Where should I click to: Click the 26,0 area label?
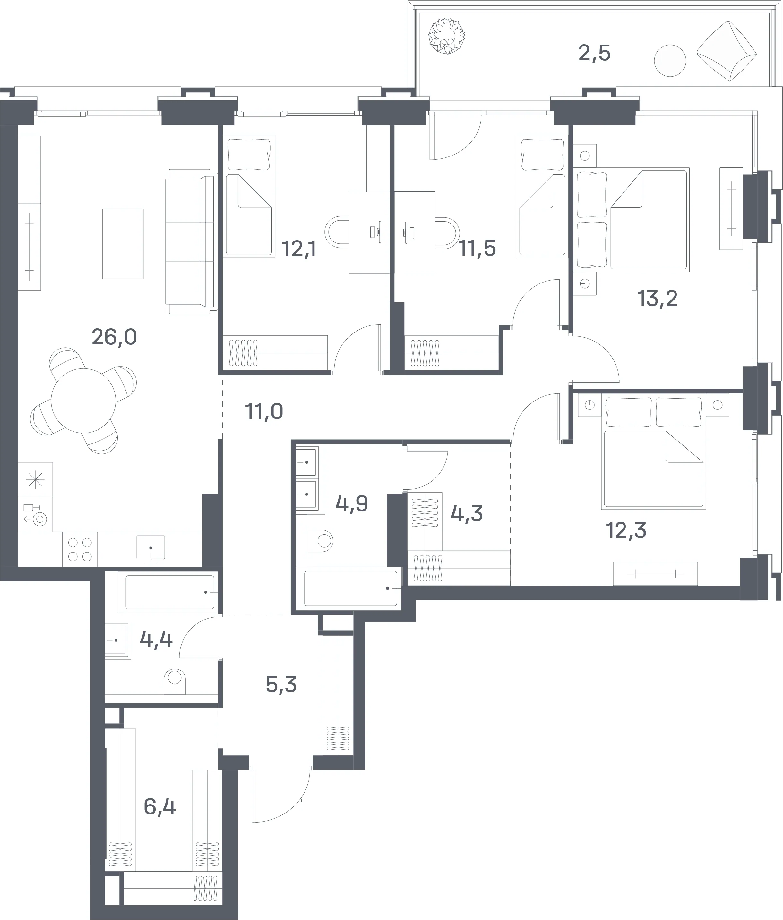[114, 337]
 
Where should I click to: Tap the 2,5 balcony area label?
[594, 53]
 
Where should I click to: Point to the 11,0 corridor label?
[264, 412]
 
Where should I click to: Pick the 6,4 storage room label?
[160, 806]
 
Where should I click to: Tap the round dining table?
[83, 401]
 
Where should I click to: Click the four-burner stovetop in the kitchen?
[80, 549]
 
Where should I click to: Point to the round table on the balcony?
[670, 61]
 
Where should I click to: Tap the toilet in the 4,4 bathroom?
[175, 682]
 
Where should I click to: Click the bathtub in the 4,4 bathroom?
[169, 592]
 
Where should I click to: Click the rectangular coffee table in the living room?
[123, 244]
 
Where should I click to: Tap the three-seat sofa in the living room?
[191, 242]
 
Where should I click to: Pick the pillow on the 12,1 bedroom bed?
[249, 154]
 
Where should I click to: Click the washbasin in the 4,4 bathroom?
[118, 640]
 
